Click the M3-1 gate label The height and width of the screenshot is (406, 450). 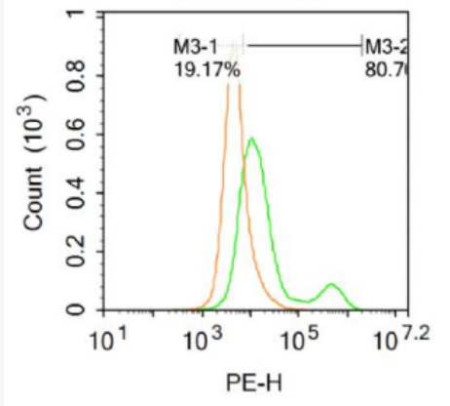(193, 46)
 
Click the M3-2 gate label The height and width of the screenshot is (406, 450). (382, 46)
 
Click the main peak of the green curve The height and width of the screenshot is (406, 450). (251, 140)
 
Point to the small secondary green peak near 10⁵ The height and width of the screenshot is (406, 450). (331, 285)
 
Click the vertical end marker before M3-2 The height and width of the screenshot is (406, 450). (361, 45)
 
